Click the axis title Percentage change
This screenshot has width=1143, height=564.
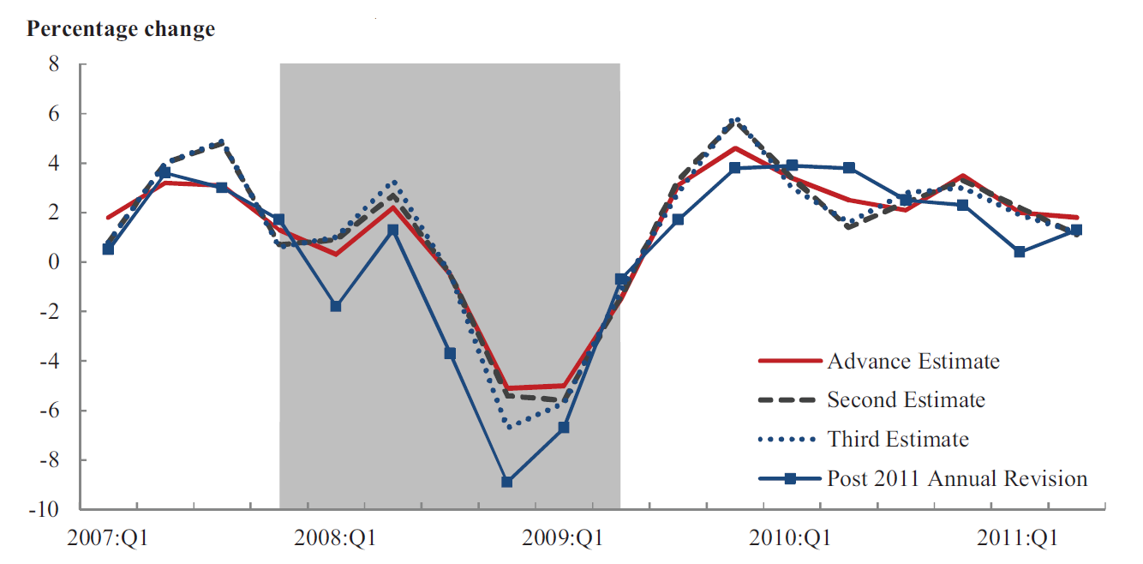click(121, 29)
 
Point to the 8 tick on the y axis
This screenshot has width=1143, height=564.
click(53, 64)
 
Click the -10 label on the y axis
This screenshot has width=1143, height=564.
click(45, 509)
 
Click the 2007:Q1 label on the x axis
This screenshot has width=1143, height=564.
click(107, 539)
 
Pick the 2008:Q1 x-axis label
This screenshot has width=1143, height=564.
click(336, 539)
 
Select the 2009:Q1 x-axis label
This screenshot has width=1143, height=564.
click(564, 539)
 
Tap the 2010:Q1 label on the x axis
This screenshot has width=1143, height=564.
click(791, 539)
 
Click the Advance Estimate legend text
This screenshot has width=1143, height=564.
click(913, 361)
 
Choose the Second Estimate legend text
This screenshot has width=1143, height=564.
click(906, 399)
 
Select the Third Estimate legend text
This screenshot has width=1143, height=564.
click(897, 440)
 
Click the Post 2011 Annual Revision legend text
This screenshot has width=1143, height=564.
click(956, 478)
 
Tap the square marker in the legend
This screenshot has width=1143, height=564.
click(790, 479)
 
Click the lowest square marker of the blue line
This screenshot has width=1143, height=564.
click(507, 482)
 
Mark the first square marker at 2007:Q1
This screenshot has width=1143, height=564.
click(108, 249)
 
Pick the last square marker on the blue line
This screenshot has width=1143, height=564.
click(1076, 230)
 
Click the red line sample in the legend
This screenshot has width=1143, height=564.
click(790, 361)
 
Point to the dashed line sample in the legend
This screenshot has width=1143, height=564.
click(790, 400)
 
